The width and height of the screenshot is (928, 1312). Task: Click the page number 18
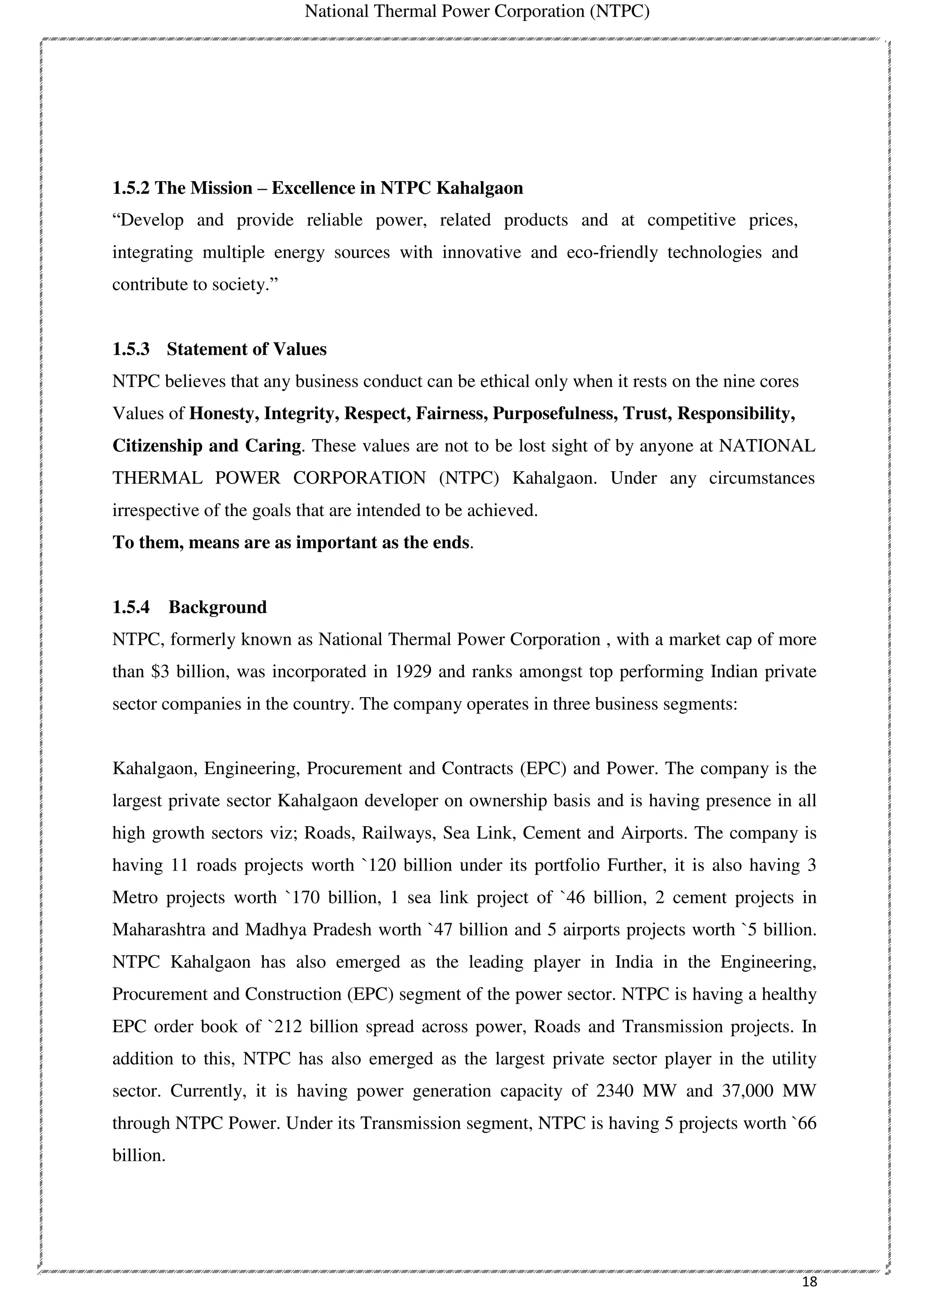pos(810,1281)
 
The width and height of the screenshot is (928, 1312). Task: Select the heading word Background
pos(217,607)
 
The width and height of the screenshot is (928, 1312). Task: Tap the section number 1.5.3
pos(131,349)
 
